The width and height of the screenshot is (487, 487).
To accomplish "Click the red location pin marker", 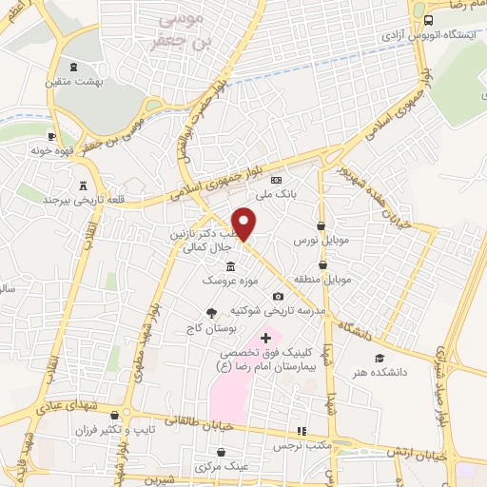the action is click(x=245, y=223).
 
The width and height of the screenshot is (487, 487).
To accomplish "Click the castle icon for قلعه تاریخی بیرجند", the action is click(x=83, y=185).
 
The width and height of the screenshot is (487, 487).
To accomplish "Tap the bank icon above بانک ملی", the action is click(x=277, y=179).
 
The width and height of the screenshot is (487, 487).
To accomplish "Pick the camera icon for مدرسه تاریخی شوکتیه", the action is click(x=279, y=297).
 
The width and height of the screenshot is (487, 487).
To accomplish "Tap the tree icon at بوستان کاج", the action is click(x=211, y=312).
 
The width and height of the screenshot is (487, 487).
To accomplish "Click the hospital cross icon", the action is click(x=265, y=339).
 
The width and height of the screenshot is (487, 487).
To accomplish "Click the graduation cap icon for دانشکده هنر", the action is click(x=380, y=358).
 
